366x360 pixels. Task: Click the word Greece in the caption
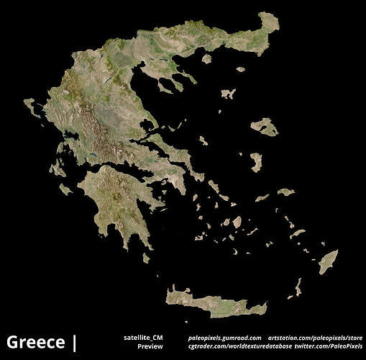pyautogui.click(x=35, y=341)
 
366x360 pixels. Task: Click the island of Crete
pyautogui.click(x=216, y=303)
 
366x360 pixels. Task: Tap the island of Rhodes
pyautogui.click(x=328, y=261)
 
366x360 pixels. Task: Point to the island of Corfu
pyautogui.click(x=32, y=107)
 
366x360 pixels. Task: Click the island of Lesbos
pyautogui.click(x=264, y=127)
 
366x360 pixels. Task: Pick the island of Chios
pyautogui.click(x=256, y=161)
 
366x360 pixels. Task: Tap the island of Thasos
pyautogui.click(x=206, y=58)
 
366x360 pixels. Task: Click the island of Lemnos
pyautogui.click(x=228, y=94)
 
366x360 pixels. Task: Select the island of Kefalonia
pyautogui.click(x=57, y=169)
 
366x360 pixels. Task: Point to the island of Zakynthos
pyautogui.click(x=65, y=189)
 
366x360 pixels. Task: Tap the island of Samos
pyautogui.click(x=286, y=192)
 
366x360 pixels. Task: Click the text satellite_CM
pyautogui.click(x=143, y=337)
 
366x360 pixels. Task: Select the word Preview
pyautogui.click(x=150, y=346)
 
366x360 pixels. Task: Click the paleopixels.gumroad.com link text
pyautogui.click(x=224, y=337)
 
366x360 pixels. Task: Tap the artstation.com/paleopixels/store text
pyautogui.click(x=315, y=337)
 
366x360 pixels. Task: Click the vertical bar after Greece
pyautogui.click(x=74, y=342)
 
